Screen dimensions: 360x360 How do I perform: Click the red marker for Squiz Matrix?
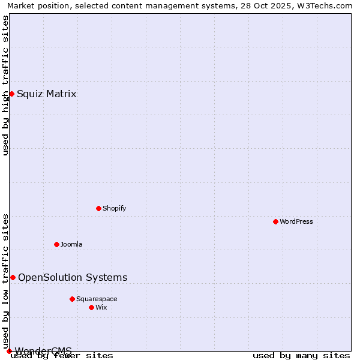[x=11, y=94]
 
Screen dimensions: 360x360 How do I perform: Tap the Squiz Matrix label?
[x=46, y=94]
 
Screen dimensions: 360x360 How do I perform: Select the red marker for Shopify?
[x=98, y=208]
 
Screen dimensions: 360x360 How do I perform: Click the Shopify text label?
[x=114, y=208]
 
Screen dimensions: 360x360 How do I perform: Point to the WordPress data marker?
[x=275, y=221]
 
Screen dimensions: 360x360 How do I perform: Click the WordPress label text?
[x=296, y=221]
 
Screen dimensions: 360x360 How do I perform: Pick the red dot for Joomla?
[x=56, y=244]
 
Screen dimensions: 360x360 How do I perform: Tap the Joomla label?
[x=71, y=244]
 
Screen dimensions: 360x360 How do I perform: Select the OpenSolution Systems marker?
[x=13, y=277]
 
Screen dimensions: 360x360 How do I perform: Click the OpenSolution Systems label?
[x=73, y=277]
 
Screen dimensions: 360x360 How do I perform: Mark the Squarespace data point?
[x=72, y=299]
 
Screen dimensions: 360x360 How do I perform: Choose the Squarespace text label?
[x=97, y=299]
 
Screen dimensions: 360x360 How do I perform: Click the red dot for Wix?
[x=91, y=307]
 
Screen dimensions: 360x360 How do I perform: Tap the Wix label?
[x=101, y=307]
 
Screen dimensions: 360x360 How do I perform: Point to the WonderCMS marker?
[x=9, y=351]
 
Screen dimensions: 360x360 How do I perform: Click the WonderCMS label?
[x=43, y=350]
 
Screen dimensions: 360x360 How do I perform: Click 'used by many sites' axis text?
[x=301, y=356]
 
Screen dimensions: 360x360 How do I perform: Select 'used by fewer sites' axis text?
[x=62, y=356]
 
